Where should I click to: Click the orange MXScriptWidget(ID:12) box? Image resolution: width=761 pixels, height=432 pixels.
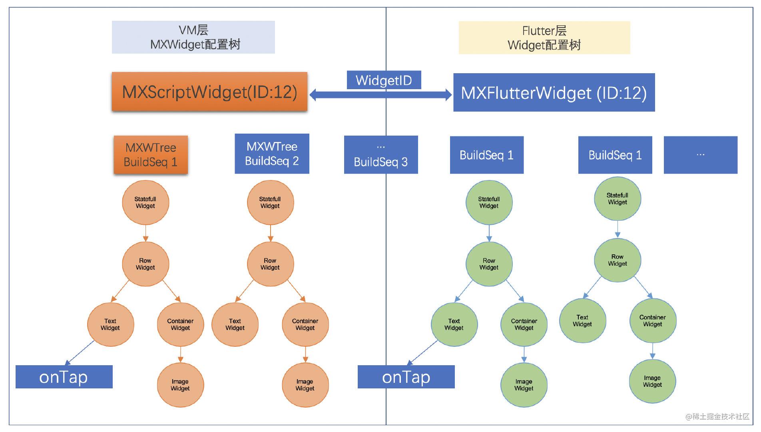[x=209, y=92]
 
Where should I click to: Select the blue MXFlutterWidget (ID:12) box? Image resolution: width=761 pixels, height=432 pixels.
[x=554, y=92]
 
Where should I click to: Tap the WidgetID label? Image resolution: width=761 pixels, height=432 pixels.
[x=384, y=80]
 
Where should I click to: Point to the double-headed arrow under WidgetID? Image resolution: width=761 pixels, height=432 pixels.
[x=380, y=95]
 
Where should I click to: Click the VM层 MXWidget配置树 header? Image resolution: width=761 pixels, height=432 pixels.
[x=193, y=37]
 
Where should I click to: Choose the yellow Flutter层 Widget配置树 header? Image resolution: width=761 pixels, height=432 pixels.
[x=544, y=38]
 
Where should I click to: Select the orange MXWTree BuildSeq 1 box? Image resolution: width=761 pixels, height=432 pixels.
[x=151, y=155]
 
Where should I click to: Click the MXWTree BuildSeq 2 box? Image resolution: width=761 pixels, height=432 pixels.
[x=272, y=154]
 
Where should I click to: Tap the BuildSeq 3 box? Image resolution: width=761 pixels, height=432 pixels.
[x=381, y=155]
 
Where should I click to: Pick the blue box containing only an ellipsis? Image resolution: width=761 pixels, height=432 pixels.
[x=701, y=155]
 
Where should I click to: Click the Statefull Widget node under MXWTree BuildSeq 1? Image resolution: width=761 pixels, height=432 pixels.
[x=145, y=202]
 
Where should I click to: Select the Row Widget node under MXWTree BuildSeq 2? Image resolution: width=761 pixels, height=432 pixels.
[x=270, y=264]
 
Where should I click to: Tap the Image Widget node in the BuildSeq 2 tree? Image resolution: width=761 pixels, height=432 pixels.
[x=305, y=385]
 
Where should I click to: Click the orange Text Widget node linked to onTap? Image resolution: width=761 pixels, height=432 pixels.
[x=110, y=324]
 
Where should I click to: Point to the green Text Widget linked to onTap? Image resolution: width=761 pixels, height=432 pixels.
[x=454, y=324]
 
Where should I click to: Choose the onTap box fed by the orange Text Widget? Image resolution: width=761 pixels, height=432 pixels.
[x=64, y=377]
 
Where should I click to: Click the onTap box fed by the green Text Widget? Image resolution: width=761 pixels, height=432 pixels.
[x=406, y=377]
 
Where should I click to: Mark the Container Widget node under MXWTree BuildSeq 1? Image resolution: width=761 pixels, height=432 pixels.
[x=180, y=324]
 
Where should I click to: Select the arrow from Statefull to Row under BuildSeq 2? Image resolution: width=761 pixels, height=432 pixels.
[x=271, y=233]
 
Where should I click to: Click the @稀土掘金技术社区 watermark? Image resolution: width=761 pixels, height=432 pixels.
[x=717, y=416]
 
